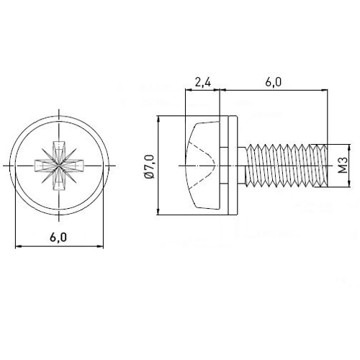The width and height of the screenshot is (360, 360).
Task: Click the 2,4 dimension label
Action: click(203, 83)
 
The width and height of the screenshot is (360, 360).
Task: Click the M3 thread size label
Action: click(343, 166)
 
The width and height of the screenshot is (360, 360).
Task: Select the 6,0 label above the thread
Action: click(274, 83)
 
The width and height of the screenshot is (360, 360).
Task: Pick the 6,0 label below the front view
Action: click(58, 238)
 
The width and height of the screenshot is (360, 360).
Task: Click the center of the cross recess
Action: click(59, 166)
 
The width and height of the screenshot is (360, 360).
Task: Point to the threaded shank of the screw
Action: click(286, 166)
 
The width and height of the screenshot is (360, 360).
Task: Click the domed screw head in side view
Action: click(203, 166)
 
